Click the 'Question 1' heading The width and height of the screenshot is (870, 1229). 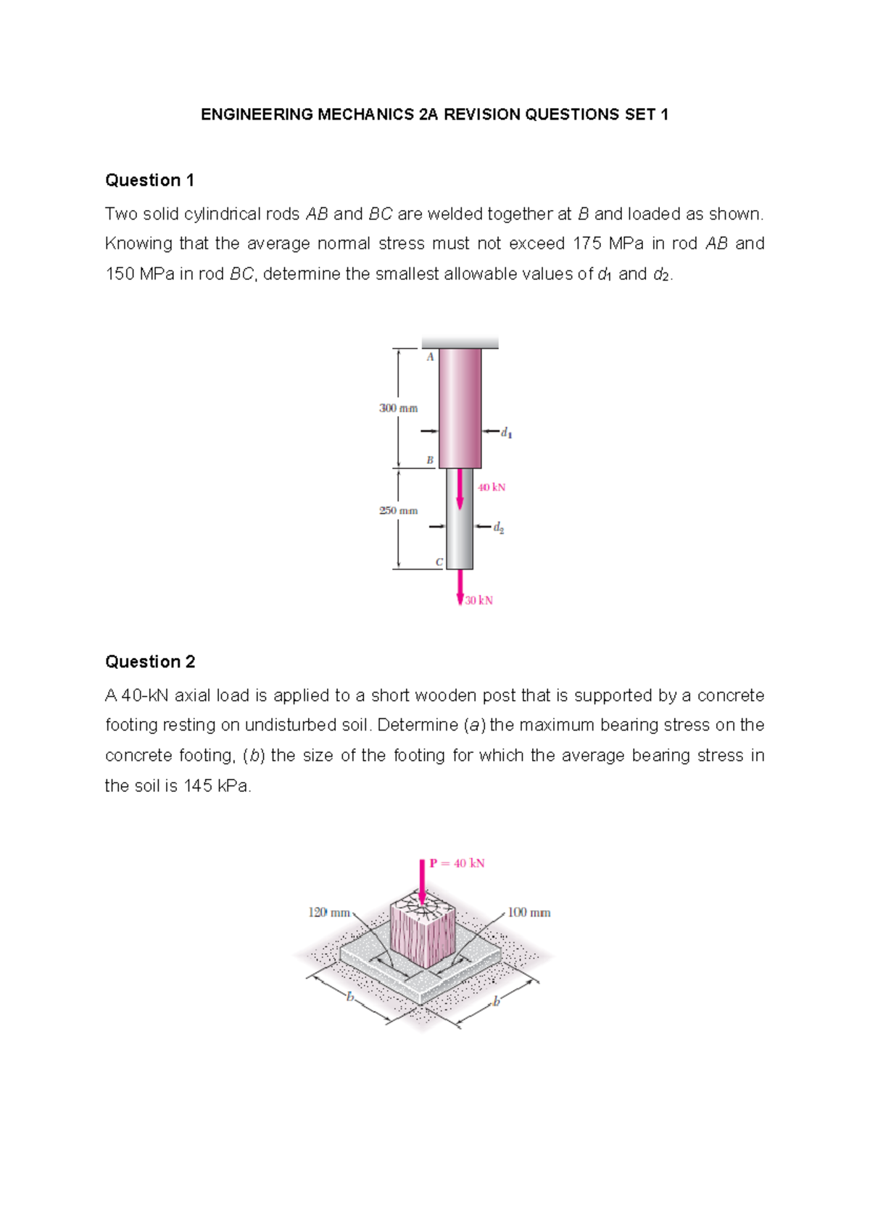[149, 180]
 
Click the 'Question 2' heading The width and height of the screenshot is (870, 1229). [150, 662]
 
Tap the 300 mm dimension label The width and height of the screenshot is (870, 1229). [398, 409]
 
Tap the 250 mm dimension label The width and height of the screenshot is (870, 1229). [398, 511]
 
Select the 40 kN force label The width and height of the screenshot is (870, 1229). [492, 488]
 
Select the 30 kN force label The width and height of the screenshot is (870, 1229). [479, 601]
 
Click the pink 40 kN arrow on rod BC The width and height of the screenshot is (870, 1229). [460, 490]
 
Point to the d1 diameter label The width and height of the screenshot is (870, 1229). [506, 433]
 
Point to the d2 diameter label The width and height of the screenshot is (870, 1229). [499, 528]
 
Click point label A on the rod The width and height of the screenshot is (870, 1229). [430, 357]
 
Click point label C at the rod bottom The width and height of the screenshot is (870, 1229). [439, 562]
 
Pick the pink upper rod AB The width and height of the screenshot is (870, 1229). [460, 407]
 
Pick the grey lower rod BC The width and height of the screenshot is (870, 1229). [460, 536]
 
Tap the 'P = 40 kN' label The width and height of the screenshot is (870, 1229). [457, 864]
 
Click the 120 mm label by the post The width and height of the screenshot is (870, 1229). [329, 913]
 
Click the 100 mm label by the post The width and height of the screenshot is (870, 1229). [529, 913]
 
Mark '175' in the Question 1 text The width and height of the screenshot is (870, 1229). [587, 244]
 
